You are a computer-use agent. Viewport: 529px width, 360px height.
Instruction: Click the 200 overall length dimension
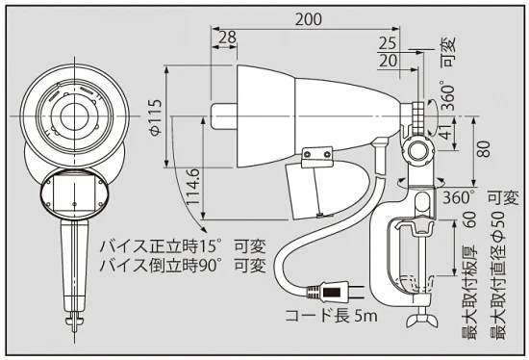pos(308,19)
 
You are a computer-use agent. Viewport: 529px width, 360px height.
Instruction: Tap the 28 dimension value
pos(227,37)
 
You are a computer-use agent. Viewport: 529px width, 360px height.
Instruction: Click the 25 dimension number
pos(388,43)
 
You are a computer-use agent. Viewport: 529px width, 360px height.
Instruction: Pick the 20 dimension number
pos(389,61)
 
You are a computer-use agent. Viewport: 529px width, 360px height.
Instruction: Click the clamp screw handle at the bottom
pos(419,318)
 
